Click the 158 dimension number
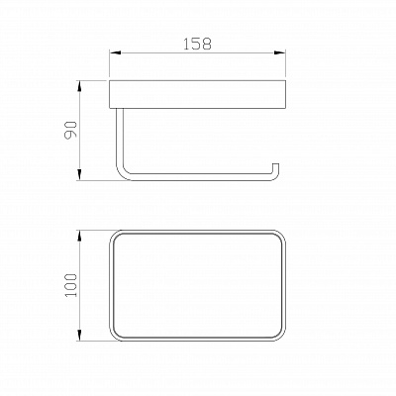(x=197, y=44)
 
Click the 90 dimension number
(x=70, y=130)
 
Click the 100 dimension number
(x=70, y=285)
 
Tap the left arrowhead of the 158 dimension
(x=115, y=52)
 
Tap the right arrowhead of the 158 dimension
(x=279, y=52)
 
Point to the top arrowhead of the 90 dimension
(x=79, y=86)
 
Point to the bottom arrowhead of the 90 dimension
(x=79, y=174)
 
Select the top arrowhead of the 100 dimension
(x=79, y=237)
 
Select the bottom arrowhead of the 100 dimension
(x=79, y=335)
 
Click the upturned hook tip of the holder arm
(x=275, y=164)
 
